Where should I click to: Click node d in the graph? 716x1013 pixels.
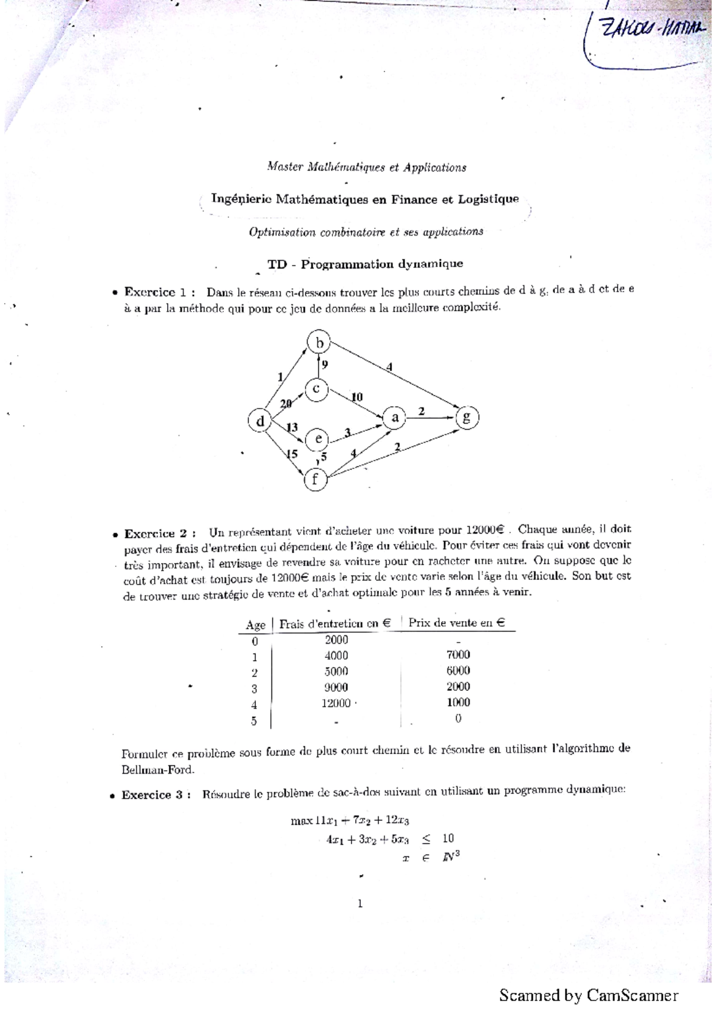point(260,421)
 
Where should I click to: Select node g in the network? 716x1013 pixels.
point(467,417)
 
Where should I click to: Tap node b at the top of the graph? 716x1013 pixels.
point(320,342)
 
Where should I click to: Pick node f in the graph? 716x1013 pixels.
point(316,478)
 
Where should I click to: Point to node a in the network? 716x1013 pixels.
point(394,418)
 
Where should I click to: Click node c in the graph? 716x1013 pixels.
point(316,389)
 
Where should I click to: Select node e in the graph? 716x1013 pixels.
point(317,440)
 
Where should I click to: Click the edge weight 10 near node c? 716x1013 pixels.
point(356,397)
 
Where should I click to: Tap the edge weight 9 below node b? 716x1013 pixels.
point(325,364)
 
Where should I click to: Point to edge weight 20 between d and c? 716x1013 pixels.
point(286,403)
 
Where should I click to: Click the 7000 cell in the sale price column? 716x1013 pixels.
point(458,655)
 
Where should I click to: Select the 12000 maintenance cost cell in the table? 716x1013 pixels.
point(336,703)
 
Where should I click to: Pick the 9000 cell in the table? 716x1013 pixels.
point(336,687)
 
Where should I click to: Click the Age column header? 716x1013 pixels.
point(255,625)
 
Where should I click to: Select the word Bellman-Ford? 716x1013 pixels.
point(158,770)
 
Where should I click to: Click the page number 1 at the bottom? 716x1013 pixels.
point(360,903)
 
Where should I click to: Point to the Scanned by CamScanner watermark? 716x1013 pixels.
point(588,995)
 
